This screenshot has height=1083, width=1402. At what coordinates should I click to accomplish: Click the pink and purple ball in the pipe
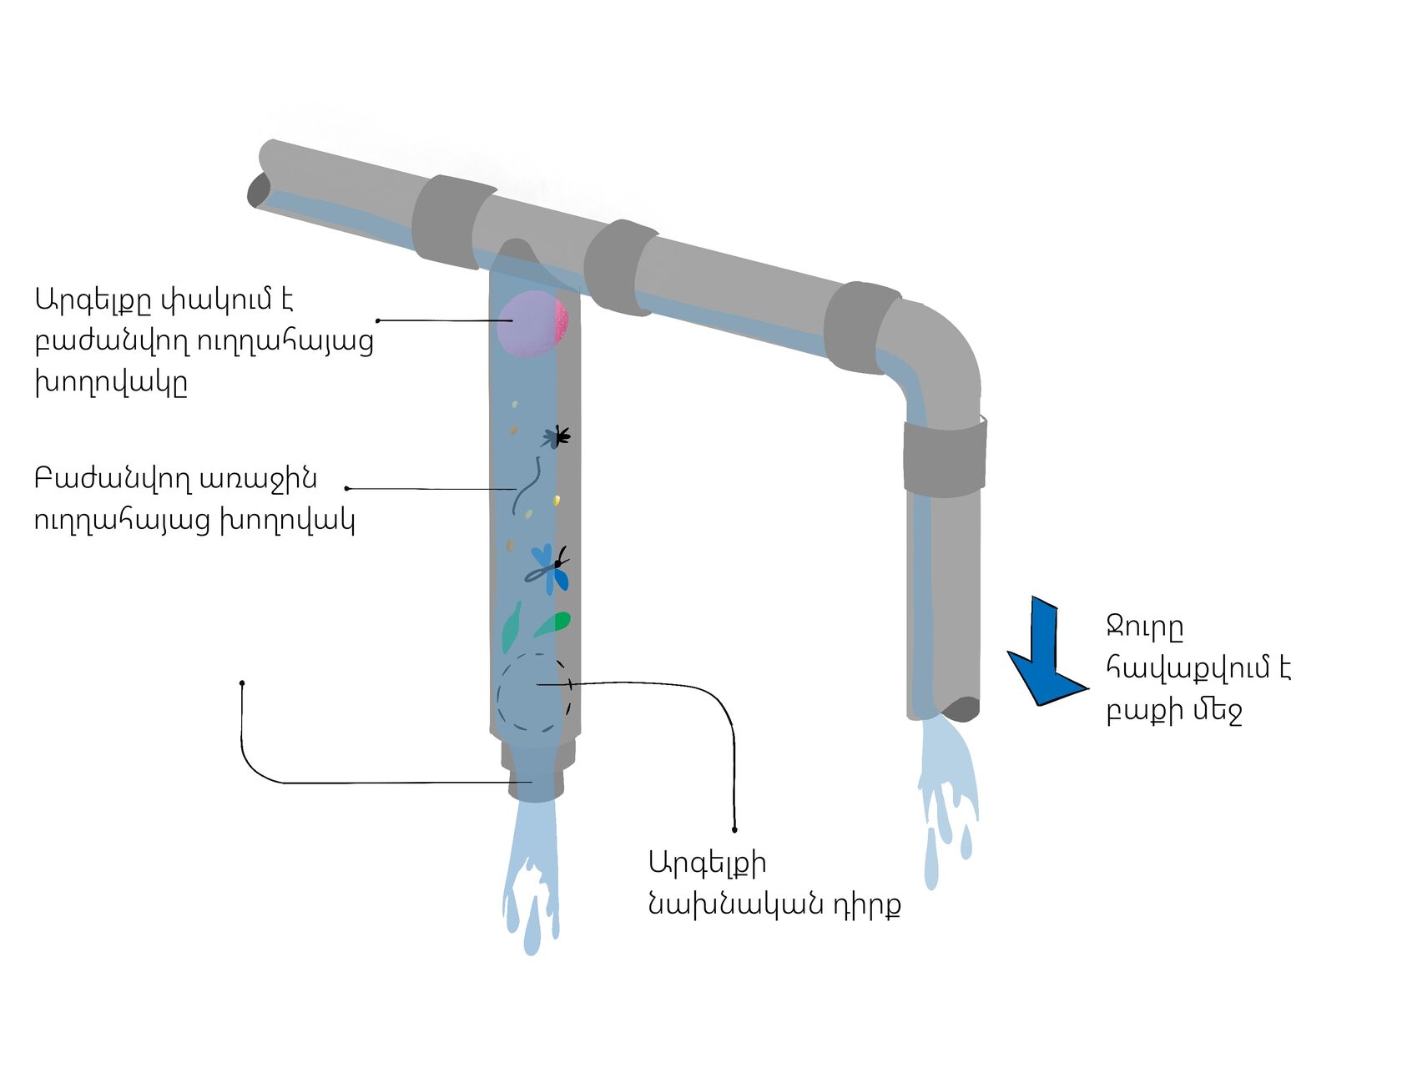pyautogui.click(x=532, y=324)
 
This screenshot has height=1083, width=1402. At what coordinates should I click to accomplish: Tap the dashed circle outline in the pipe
pyautogui.click(x=534, y=693)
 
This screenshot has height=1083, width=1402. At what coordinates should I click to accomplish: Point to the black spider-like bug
pyautogui.click(x=557, y=436)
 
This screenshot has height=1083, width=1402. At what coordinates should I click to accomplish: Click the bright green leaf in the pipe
pyautogui.click(x=556, y=622)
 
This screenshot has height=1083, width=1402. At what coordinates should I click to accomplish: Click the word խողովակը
pyautogui.click(x=111, y=382)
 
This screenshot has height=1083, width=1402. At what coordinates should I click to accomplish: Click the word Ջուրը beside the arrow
pyautogui.click(x=1144, y=627)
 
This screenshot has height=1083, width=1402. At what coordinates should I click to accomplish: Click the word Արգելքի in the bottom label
pyautogui.click(x=707, y=863)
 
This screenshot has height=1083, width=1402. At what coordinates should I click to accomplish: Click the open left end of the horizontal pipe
pyautogui.click(x=258, y=191)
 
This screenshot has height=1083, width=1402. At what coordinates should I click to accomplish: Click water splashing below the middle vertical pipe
pyautogui.click(x=531, y=876)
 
